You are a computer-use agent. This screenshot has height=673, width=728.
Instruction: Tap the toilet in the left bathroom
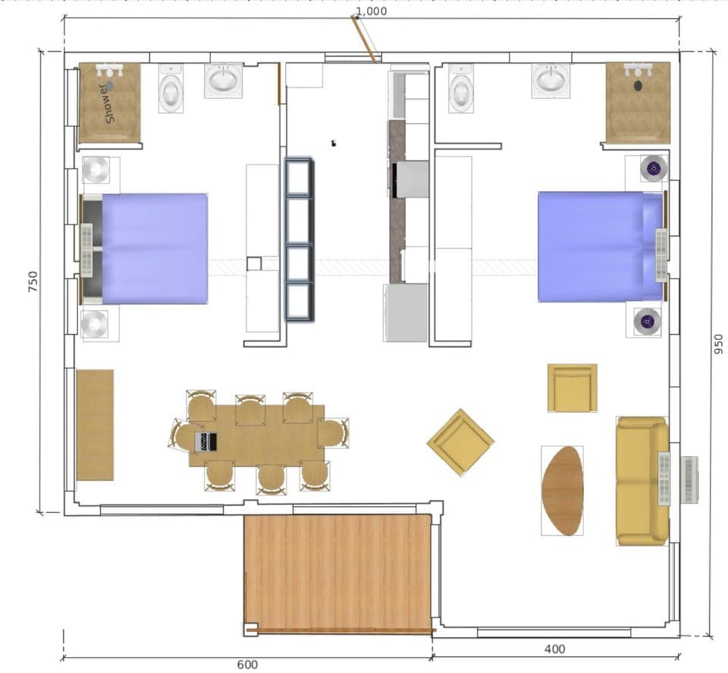171,90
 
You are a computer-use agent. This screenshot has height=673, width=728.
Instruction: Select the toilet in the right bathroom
461,90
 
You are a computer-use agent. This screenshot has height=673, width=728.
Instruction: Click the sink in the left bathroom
223,80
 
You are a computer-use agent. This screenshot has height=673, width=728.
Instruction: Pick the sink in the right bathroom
551,80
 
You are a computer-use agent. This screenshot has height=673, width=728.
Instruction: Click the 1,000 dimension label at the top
371,11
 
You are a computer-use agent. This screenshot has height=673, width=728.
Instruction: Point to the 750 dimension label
33,281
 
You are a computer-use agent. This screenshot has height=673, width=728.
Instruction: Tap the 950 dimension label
717,344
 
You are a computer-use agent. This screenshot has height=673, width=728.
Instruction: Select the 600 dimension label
247,665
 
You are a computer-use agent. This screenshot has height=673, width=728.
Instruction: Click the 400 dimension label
555,649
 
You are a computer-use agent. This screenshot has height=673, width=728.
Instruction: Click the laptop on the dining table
206,441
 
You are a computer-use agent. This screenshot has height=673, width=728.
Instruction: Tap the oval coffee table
563,490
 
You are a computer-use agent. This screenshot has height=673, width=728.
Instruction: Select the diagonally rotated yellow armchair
460,442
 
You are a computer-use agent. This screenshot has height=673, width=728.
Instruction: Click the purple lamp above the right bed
652,168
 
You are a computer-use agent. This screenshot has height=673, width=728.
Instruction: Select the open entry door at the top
363,38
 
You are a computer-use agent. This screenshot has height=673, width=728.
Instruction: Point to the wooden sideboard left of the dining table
95,425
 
